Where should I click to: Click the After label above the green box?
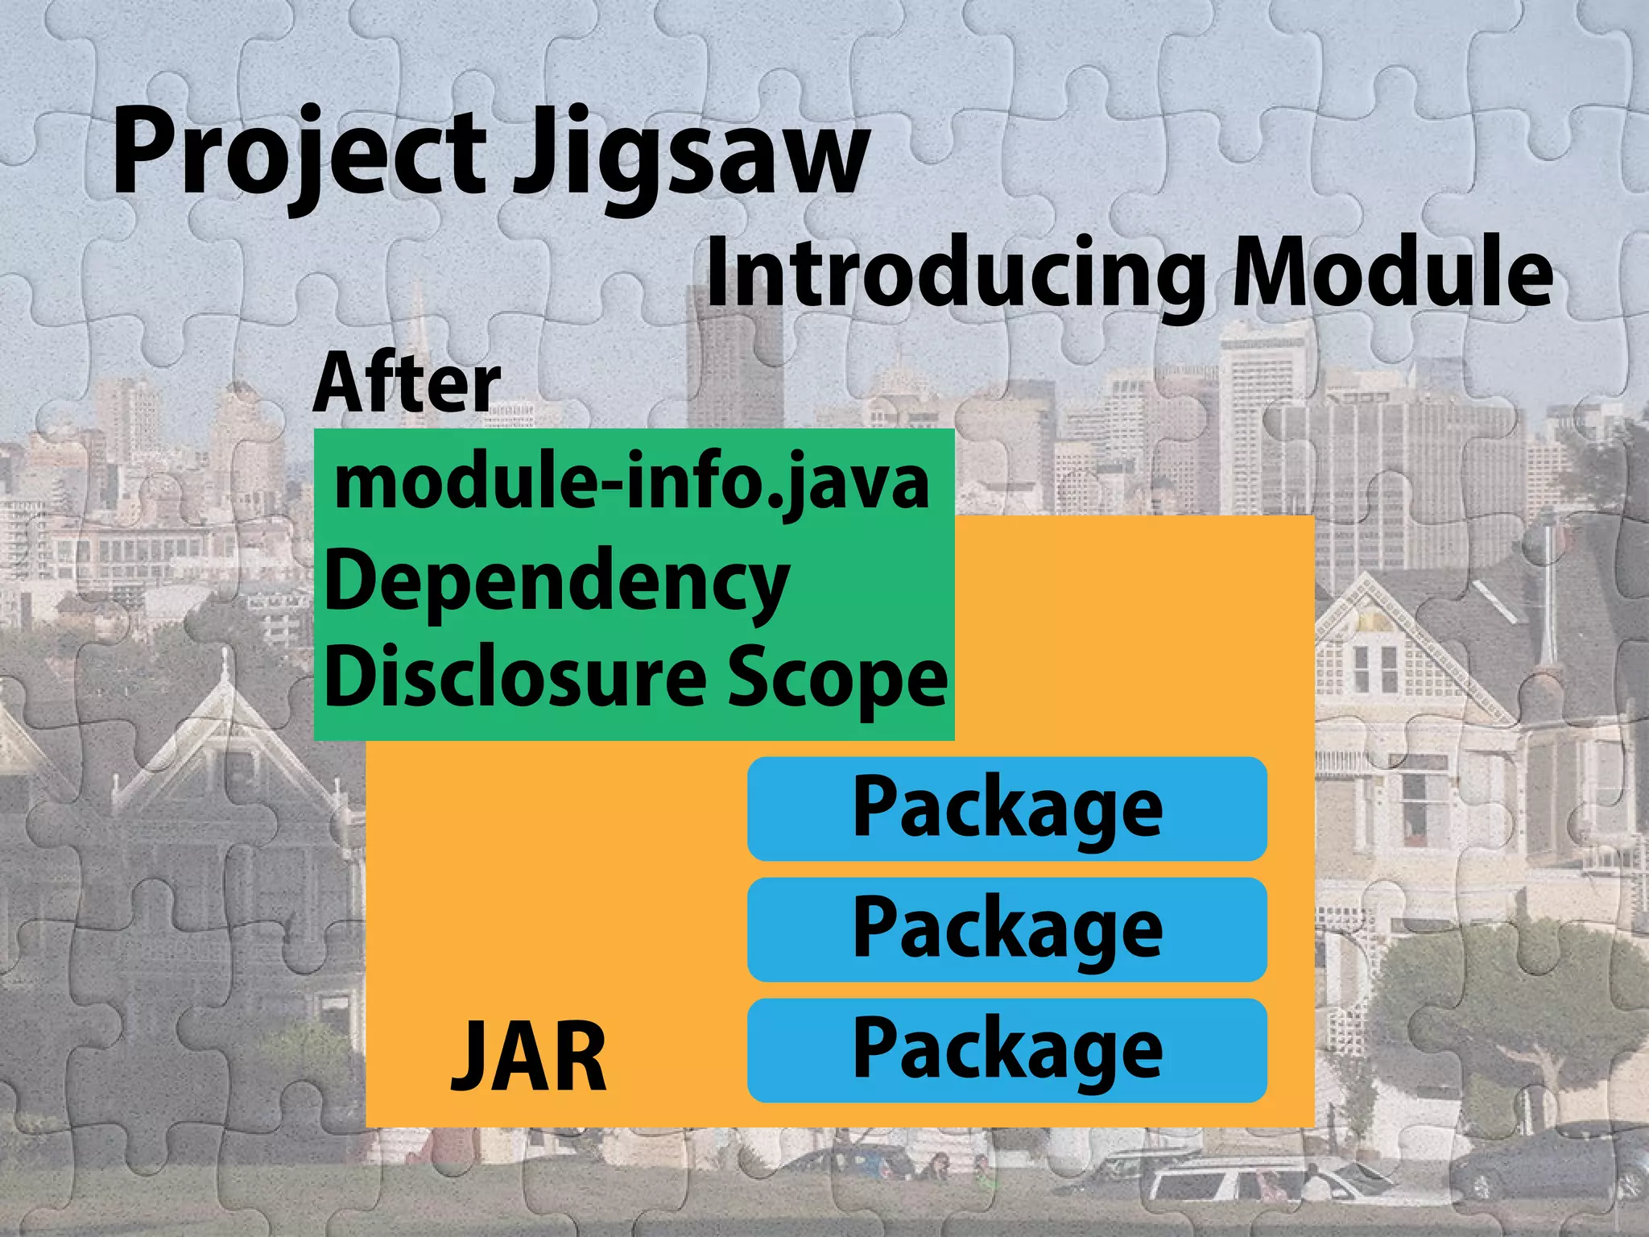(x=407, y=383)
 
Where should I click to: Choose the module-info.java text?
(x=632, y=482)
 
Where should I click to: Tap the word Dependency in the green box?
(x=556, y=581)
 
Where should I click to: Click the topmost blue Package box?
(x=1006, y=809)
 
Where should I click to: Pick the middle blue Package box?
(x=1006, y=929)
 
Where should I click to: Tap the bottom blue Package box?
(x=1006, y=1050)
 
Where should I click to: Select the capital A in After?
(x=338, y=383)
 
